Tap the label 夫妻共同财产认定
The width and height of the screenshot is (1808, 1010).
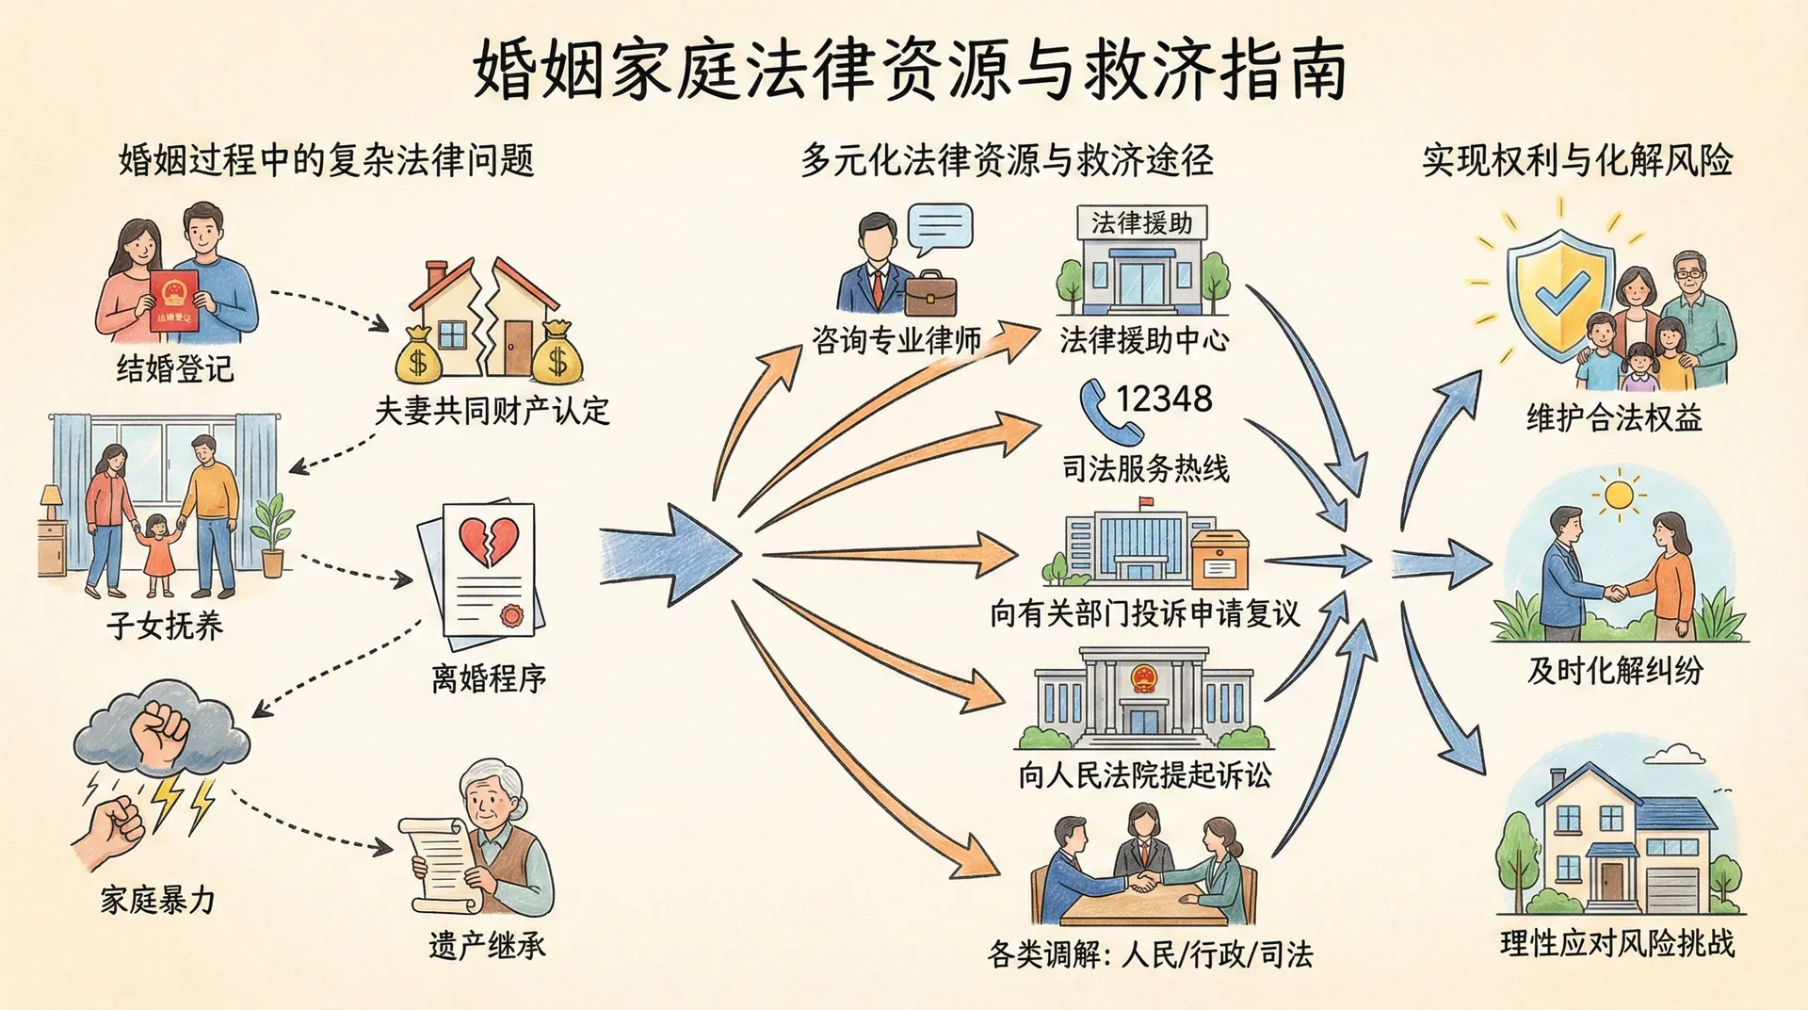pyautogui.click(x=492, y=411)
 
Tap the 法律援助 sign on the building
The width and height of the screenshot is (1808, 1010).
pyautogui.click(x=1141, y=223)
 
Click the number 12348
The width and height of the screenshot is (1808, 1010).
pyautogui.click(x=1164, y=399)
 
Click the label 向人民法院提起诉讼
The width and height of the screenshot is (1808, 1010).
pyautogui.click(x=1144, y=774)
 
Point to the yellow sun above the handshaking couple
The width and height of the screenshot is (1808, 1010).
pyautogui.click(x=1620, y=495)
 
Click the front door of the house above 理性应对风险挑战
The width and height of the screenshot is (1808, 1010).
pyautogui.click(x=1612, y=880)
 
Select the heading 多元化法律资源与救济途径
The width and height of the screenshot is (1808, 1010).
pyautogui.click(x=1007, y=160)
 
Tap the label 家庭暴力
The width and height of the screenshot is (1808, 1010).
pyautogui.click(x=157, y=900)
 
